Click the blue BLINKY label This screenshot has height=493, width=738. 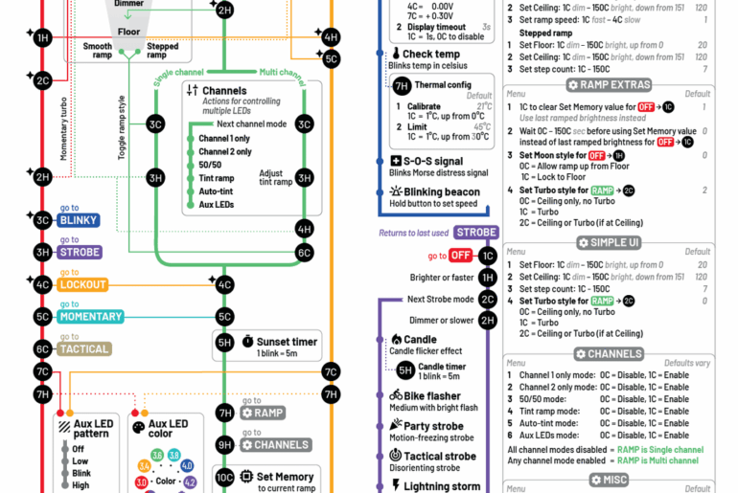click(x=79, y=220)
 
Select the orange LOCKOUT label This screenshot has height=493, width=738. click(x=82, y=284)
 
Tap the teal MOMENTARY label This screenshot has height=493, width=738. click(x=90, y=317)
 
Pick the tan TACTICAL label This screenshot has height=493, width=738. click(x=84, y=349)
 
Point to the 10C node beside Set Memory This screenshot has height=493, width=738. click(x=224, y=477)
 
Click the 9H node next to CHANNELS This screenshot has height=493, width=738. click(x=224, y=445)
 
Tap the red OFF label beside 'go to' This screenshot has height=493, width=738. click(x=461, y=256)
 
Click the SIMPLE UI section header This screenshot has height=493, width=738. click(x=609, y=243)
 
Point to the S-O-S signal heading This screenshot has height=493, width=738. click(x=431, y=162)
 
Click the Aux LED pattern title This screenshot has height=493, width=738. click(x=91, y=429)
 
